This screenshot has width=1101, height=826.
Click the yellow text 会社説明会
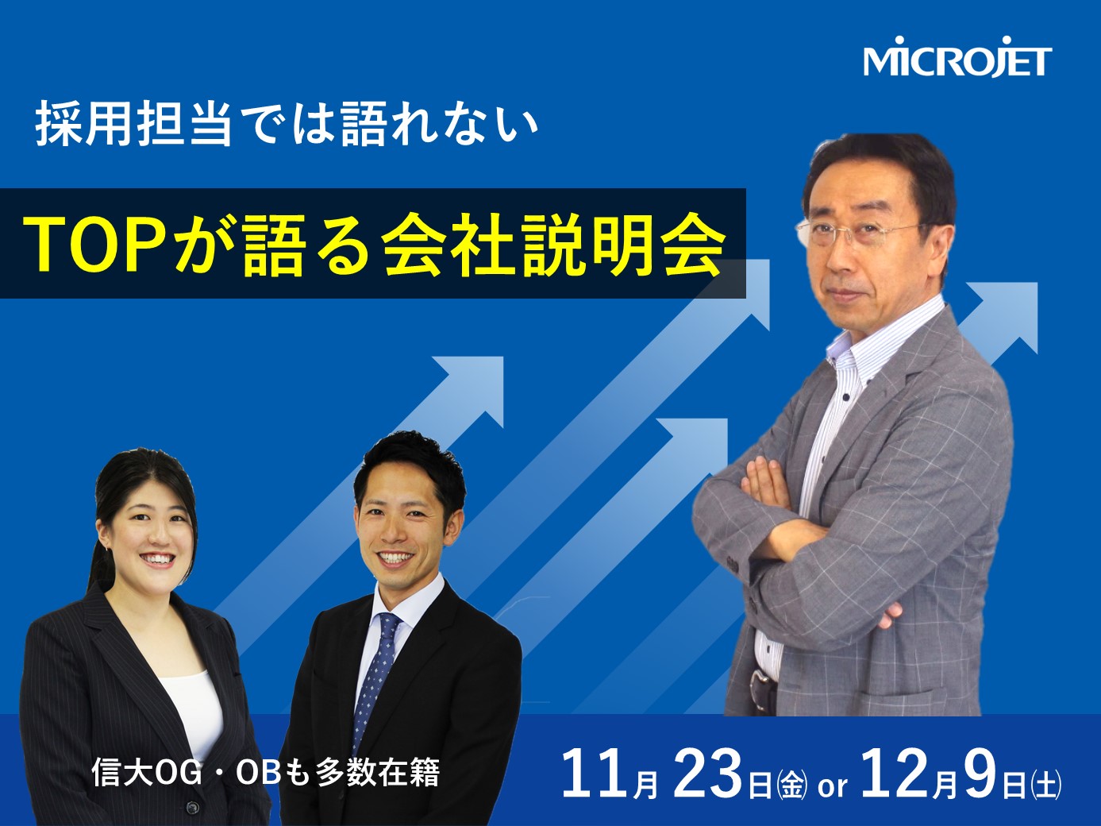pos(553,243)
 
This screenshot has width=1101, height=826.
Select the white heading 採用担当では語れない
pos(287,122)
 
